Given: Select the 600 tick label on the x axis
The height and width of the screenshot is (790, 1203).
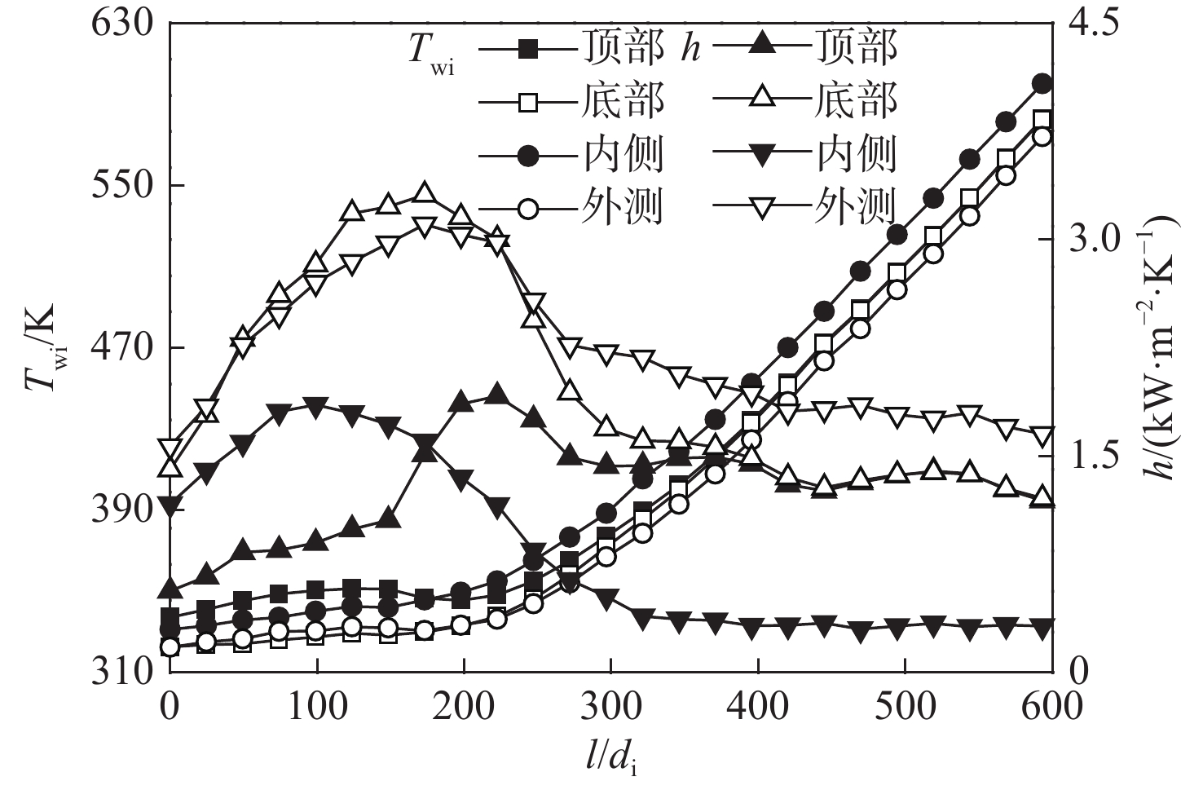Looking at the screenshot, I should [x=1052, y=706].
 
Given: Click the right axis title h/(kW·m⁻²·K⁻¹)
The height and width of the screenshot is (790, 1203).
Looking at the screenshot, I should [x=1162, y=346].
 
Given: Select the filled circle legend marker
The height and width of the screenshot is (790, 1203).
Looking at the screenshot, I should [x=529, y=154].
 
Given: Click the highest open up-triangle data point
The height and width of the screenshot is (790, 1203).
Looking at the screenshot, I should [x=424, y=193].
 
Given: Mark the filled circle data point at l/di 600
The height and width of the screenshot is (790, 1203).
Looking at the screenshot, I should [x=1042, y=83].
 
